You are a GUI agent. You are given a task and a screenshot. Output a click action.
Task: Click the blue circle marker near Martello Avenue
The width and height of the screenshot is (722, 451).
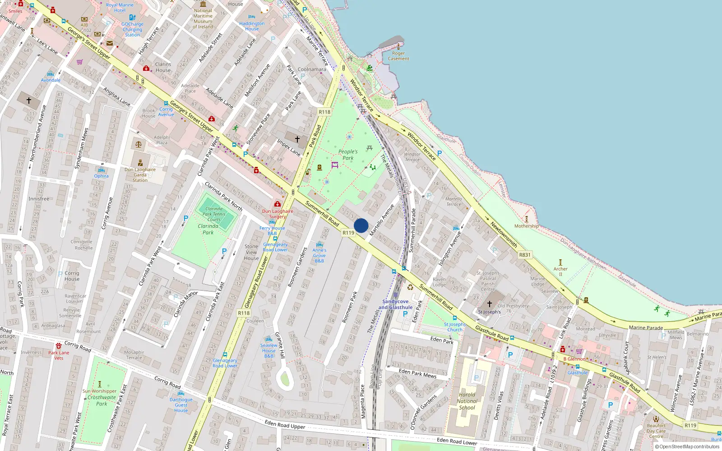361,225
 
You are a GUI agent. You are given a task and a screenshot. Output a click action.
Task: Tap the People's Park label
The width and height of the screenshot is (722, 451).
348,155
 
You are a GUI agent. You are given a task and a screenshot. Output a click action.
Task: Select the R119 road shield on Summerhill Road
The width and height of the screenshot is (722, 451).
348,233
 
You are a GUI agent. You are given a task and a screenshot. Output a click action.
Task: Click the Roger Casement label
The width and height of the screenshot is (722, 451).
398,56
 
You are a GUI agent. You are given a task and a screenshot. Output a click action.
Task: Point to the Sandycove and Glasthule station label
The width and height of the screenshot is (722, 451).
395,304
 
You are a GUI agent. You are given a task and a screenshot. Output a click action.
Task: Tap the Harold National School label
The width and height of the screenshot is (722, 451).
467,401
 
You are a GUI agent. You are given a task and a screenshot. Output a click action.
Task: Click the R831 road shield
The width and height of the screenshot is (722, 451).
525,255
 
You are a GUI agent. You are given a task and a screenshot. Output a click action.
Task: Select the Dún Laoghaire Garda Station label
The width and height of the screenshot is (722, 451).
140,175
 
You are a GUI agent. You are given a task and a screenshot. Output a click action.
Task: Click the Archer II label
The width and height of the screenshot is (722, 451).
560,272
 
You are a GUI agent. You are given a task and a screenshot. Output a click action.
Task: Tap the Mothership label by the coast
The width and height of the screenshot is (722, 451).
527,226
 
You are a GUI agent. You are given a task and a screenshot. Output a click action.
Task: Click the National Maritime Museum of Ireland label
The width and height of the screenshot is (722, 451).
203,18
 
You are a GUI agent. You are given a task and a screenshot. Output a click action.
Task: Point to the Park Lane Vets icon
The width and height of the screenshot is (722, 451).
59,346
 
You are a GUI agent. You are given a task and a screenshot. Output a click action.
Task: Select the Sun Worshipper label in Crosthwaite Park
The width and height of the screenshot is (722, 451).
99,391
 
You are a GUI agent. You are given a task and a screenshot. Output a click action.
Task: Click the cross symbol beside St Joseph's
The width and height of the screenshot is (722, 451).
490,304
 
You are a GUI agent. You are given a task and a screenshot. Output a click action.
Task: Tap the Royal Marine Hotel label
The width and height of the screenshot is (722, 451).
120,8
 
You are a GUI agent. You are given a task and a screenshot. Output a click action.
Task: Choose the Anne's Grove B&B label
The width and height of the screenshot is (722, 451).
319,255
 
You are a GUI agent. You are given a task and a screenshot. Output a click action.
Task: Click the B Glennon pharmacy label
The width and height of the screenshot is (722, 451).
574,359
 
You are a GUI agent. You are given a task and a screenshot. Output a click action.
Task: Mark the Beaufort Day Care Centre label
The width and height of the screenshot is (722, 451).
656,431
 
